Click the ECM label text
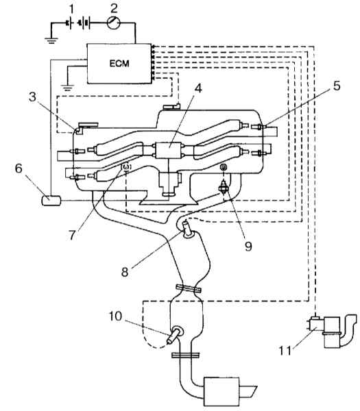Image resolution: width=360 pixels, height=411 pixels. pos(119,64)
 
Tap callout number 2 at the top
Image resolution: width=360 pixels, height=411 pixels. pos(114,8)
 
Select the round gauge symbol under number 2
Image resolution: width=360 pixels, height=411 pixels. pos(114,23)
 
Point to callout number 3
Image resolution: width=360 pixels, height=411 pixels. pos(32,97)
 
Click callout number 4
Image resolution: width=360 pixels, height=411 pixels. pos(198,89)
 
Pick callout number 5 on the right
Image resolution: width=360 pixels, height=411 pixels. pos(337,86)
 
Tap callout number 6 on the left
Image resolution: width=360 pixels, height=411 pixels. pos(19,169)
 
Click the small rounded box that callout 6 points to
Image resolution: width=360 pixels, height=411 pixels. pos(51,201)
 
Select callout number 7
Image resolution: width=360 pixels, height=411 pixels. pos(73,235)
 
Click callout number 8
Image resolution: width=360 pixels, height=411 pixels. pos(125,272)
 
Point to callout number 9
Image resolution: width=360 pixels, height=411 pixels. pos(248,247)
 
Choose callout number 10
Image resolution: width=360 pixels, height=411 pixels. pos(116,316)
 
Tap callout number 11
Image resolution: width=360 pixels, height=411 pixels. pos(285,351)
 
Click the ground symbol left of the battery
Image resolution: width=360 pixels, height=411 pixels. pos(51,40)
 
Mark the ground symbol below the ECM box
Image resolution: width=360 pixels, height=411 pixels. pos(68,88)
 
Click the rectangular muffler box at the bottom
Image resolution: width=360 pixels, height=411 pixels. pos(221,391)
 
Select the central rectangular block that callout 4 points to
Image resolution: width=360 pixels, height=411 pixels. pos(169,150)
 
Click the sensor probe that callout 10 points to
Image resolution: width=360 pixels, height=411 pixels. pos(175,335)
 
